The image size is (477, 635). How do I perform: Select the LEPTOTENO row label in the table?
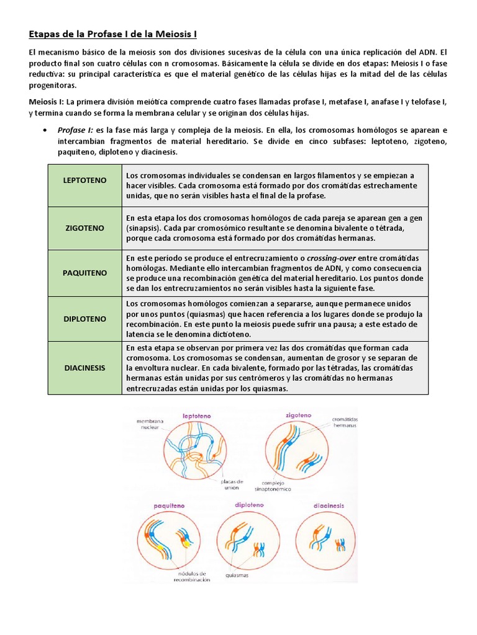coord(84,180)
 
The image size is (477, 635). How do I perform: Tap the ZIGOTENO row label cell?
coord(84,228)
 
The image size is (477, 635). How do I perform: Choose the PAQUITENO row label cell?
coord(84,273)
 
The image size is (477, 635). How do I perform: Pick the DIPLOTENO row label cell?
coord(84,319)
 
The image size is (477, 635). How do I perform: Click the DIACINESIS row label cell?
coord(84,367)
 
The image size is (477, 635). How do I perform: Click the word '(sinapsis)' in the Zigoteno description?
coord(146,228)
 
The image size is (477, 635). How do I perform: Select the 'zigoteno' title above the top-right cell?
coord(298,415)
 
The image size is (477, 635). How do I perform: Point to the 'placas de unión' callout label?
coord(232,484)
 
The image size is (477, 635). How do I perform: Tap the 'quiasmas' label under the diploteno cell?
coord(237,575)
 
